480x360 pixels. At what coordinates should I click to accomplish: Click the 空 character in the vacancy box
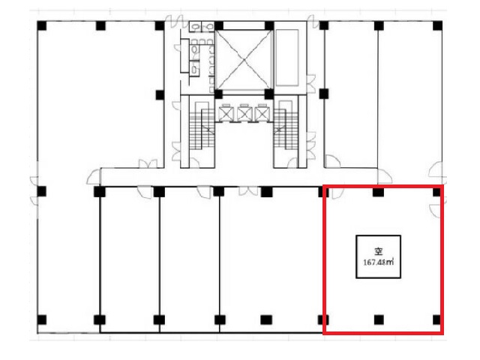[x=379, y=252]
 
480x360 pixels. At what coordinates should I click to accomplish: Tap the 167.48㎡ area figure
[x=378, y=262]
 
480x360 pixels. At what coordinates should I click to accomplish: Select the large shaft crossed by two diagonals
[x=244, y=60]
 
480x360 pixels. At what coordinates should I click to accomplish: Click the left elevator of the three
[x=226, y=113]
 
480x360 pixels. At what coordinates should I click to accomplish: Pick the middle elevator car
[x=244, y=113]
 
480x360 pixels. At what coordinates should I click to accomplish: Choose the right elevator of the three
[x=262, y=113]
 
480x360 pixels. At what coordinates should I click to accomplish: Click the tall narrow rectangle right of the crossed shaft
[x=287, y=58]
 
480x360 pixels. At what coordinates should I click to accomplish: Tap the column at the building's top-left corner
[x=42, y=25]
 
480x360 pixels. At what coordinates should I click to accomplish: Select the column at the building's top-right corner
[x=437, y=25]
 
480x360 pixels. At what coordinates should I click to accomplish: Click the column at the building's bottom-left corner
[x=42, y=319]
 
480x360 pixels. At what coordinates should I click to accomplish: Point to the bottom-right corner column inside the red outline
[x=436, y=319]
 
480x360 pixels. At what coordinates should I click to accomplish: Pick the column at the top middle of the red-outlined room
[x=378, y=192]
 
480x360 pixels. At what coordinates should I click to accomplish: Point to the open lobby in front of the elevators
[x=244, y=145]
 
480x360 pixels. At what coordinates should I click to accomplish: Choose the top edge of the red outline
[x=383, y=186]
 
